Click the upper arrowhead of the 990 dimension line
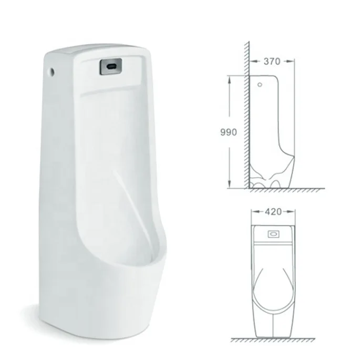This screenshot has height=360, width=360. (229, 78)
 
